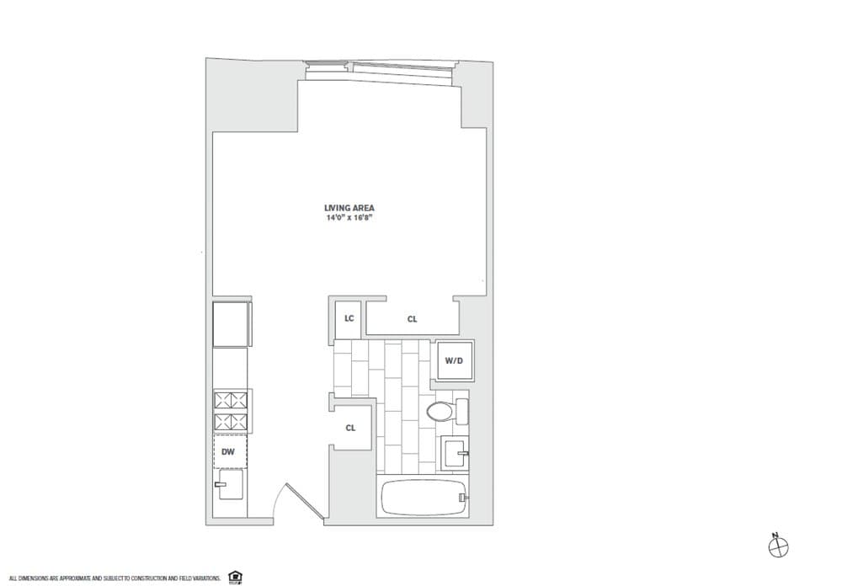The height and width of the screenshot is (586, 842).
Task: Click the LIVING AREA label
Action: (x=349, y=208)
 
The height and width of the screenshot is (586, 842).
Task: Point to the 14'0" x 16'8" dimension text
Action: (x=349, y=218)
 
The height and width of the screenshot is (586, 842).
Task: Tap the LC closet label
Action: (x=348, y=318)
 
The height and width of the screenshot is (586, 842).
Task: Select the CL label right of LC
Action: (x=412, y=319)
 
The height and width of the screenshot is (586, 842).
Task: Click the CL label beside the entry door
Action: (x=350, y=428)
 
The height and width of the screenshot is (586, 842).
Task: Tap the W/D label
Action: (x=454, y=361)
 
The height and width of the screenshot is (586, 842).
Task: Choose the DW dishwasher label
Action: (x=227, y=452)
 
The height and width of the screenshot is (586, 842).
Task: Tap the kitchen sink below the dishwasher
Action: (x=230, y=485)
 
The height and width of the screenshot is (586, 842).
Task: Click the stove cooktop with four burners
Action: (x=230, y=411)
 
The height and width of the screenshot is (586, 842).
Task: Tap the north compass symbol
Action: (x=778, y=545)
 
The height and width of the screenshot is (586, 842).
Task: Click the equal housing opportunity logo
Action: (x=236, y=577)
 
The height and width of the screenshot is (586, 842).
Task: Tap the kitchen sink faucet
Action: (x=221, y=484)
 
